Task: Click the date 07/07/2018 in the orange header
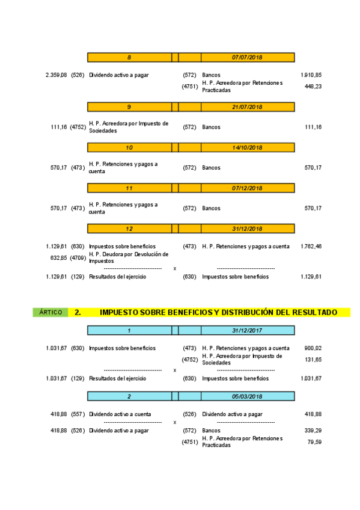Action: [x=247, y=57]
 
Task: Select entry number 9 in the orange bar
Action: [x=129, y=107]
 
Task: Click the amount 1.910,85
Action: [x=311, y=75]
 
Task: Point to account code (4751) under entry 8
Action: [x=190, y=87]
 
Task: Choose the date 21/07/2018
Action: [x=247, y=107]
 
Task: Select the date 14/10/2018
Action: [x=247, y=147]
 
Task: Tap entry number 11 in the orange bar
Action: [x=129, y=188]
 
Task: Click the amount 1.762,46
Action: [x=311, y=246]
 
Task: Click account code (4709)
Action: [x=78, y=257]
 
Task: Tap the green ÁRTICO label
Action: [x=50, y=312]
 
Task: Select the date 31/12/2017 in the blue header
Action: [x=247, y=330]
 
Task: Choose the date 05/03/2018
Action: [x=247, y=396]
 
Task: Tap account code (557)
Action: [x=78, y=414]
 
